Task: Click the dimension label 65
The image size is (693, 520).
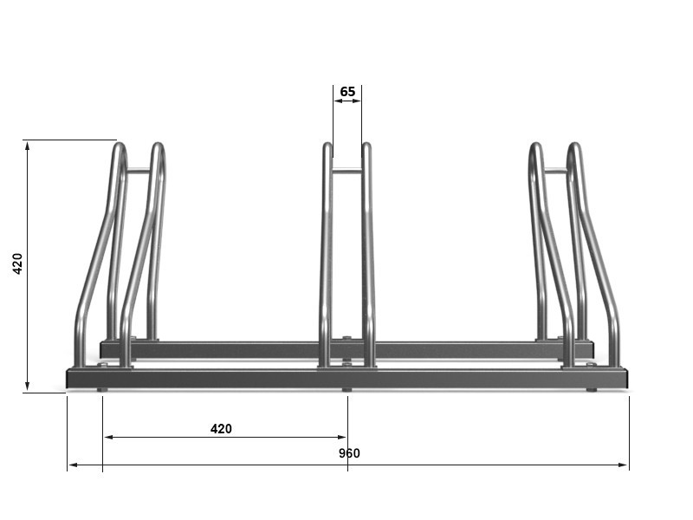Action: (x=347, y=92)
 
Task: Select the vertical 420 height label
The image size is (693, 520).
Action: (x=17, y=263)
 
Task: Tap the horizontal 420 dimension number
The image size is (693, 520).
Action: (x=221, y=428)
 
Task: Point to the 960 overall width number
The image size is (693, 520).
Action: (x=349, y=453)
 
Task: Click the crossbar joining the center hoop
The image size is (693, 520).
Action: (x=347, y=171)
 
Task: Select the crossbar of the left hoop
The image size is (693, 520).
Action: (x=139, y=171)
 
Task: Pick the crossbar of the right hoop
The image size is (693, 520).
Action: (x=555, y=171)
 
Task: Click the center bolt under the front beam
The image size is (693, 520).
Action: (x=347, y=390)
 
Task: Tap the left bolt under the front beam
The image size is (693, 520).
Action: (x=102, y=390)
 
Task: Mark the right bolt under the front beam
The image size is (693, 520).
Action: (x=592, y=390)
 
